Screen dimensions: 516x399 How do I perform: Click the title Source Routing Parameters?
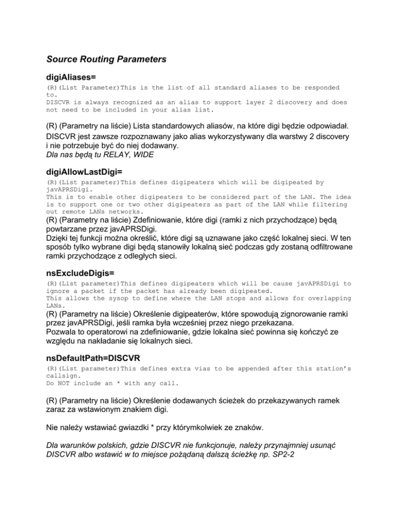click(x=106, y=60)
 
